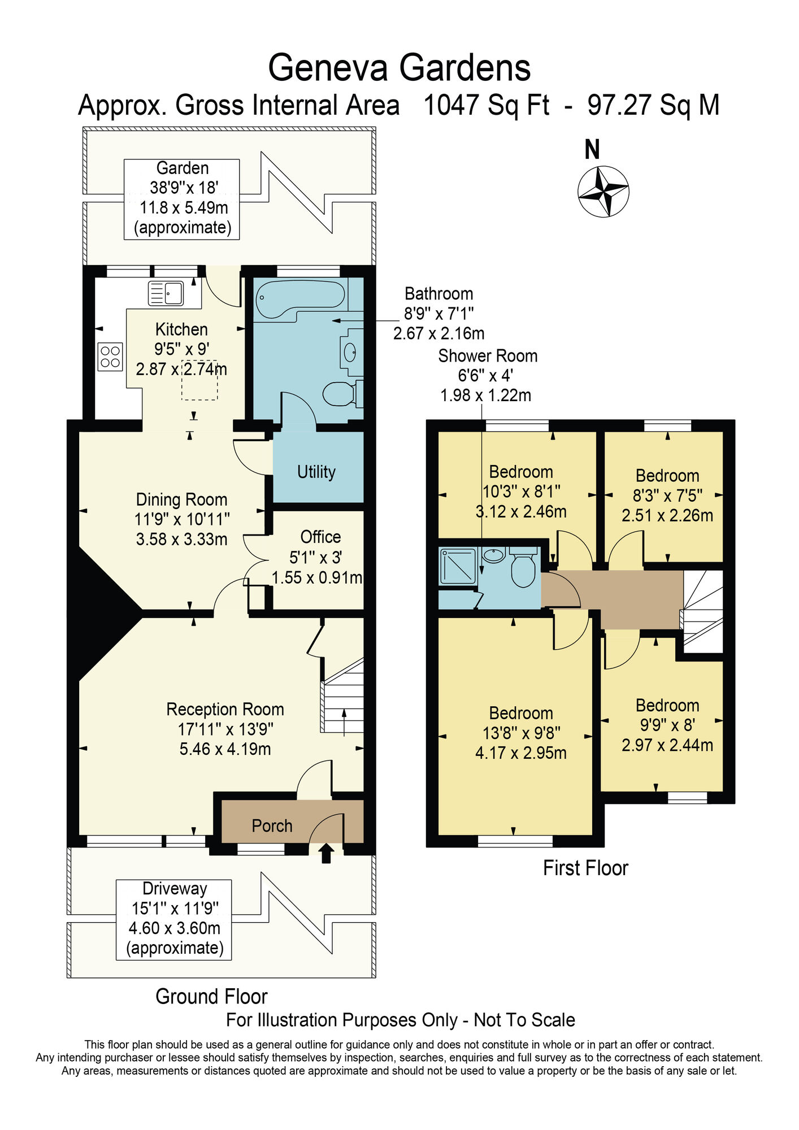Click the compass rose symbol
click(603, 191)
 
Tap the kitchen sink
click(166, 293)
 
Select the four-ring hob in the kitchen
click(110, 357)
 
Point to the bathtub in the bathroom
click(300, 300)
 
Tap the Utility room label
click(316, 472)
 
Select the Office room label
click(320, 537)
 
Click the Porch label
click(272, 826)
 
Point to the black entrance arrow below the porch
click(326, 853)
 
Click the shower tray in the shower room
click(458, 566)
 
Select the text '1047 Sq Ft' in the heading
click(486, 105)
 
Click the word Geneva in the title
click(328, 68)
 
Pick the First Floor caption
click(585, 868)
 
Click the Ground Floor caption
click(211, 996)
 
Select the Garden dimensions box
click(182, 199)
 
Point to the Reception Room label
click(225, 709)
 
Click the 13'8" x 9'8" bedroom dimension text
click(521, 733)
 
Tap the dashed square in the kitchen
click(199, 380)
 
